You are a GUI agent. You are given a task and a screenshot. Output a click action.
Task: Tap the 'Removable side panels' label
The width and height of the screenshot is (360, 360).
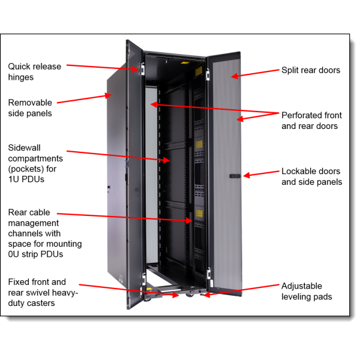[x=30, y=108]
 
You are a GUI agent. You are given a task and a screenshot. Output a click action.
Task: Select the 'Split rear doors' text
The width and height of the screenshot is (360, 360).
[x=311, y=70]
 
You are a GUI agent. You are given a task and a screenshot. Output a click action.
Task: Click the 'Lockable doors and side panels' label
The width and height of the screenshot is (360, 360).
[x=311, y=176]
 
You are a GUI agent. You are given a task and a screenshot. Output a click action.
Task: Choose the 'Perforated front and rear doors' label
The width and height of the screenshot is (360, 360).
[x=311, y=121]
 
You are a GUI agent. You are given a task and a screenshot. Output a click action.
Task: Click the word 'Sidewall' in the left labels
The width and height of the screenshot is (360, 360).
[x=24, y=147]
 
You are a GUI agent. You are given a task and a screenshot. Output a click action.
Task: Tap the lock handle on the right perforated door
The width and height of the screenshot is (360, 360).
[x=235, y=176]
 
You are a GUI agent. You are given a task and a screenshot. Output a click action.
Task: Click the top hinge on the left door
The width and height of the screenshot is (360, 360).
[x=143, y=69]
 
